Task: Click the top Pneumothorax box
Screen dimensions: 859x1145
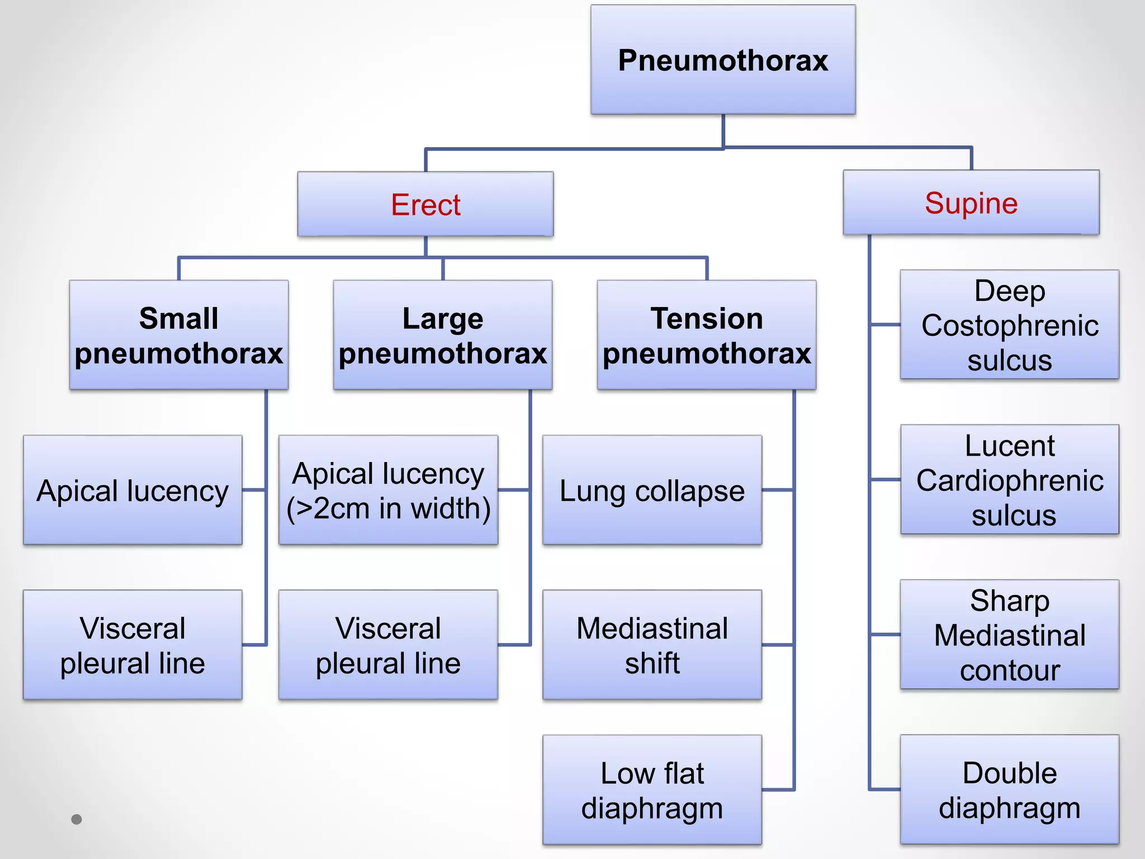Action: [723, 60]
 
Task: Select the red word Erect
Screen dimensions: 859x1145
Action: [425, 205]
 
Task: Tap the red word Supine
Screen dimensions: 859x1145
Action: [971, 203]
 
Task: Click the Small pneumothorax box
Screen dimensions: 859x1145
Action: [178, 335]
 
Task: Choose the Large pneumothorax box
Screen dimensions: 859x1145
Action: [442, 335]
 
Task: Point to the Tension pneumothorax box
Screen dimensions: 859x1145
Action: [706, 335]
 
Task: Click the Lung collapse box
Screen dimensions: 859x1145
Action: [652, 490]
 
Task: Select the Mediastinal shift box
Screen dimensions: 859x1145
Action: [652, 645]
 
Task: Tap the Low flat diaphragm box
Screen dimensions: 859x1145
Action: [652, 790]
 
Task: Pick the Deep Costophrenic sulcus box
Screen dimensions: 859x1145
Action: [1009, 325]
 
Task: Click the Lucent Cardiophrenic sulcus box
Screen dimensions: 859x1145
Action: [1009, 480]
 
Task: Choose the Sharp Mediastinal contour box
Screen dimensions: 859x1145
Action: [1009, 635]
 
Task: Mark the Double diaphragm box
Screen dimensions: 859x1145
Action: [1009, 790]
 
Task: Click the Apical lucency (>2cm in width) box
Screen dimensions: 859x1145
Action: [388, 490]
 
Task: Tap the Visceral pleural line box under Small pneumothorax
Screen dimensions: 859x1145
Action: [133, 645]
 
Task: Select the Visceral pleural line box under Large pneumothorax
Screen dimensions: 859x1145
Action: [388, 645]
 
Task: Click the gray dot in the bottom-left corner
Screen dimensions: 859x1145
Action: [77, 819]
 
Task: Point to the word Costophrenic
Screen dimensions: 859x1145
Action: [1010, 325]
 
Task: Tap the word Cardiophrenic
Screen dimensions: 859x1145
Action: [1010, 480]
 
